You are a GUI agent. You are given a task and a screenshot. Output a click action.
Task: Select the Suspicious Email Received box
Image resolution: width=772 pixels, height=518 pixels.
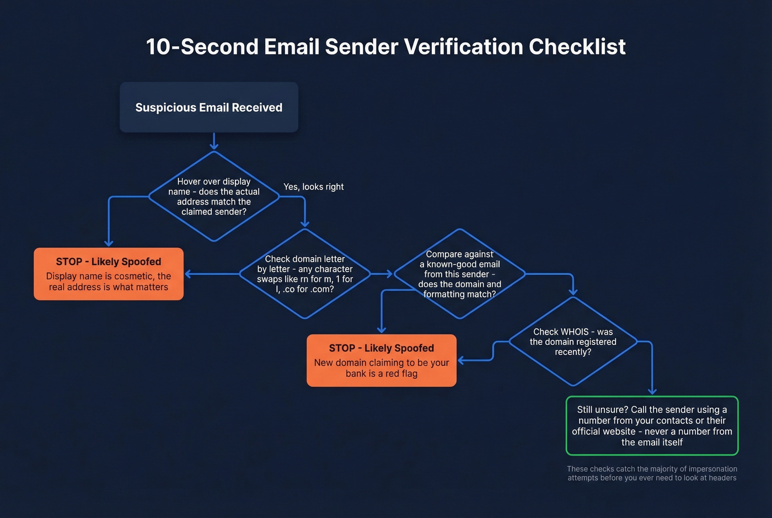tap(208, 108)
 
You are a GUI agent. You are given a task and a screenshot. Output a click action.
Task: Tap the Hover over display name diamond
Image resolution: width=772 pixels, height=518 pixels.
tap(214, 196)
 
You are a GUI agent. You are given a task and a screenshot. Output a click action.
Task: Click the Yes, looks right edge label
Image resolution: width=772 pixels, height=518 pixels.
tap(313, 187)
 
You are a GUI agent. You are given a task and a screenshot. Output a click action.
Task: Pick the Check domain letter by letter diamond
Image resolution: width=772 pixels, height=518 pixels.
tap(304, 274)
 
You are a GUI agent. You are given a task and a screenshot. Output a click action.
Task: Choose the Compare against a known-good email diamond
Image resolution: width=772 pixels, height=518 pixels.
tap(459, 274)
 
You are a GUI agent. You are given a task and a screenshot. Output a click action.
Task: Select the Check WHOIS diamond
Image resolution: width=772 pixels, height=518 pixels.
tap(573, 341)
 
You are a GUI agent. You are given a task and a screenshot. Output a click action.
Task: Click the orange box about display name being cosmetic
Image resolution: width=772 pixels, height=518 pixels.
tap(109, 274)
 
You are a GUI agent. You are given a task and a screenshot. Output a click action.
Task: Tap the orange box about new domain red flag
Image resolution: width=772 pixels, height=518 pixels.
tap(382, 361)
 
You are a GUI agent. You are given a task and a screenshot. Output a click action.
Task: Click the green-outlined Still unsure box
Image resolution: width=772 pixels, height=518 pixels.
tap(652, 426)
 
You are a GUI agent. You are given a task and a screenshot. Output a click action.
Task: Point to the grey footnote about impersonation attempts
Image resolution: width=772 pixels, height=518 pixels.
tap(652, 473)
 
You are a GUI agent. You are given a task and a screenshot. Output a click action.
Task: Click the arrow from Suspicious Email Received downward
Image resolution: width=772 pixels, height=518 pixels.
tap(214, 141)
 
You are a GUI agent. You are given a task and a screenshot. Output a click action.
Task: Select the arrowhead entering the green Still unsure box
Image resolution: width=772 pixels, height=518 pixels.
tap(652, 391)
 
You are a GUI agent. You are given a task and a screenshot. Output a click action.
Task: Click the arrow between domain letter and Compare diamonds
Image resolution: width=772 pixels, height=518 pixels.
tap(382, 274)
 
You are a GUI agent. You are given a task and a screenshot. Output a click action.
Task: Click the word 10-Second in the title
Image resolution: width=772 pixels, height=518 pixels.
tap(202, 47)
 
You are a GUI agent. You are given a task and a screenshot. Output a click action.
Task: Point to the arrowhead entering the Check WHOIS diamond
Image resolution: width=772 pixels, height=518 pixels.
tap(573, 292)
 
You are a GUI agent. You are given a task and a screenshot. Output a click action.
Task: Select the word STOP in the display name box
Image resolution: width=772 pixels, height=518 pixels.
tap(69, 262)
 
